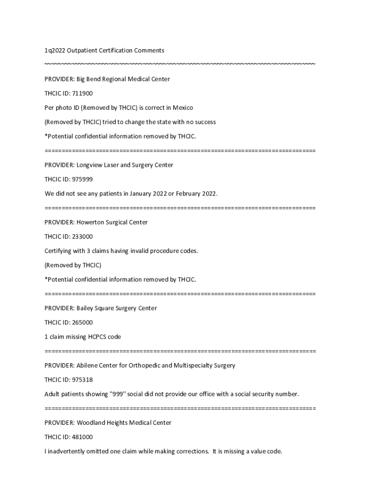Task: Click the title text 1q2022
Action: [55, 50]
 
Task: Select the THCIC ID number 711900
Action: [82, 93]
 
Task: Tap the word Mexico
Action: [183, 107]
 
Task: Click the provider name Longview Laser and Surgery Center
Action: [125, 165]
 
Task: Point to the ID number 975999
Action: [82, 179]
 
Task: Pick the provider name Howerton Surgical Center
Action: [112, 222]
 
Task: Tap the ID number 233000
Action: [82, 236]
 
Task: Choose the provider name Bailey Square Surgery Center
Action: [116, 308]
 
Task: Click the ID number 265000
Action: [82, 322]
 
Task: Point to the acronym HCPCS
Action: [100, 337]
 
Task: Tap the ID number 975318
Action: [82, 379]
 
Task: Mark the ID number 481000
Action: [82, 437]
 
